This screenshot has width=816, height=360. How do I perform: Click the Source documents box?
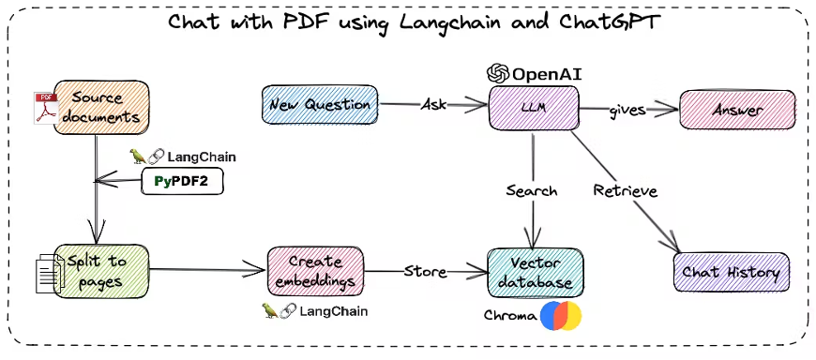point(101,107)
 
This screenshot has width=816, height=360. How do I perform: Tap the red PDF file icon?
point(46,108)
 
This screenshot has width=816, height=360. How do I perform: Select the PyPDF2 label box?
point(182,182)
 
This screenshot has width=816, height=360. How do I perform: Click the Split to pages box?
point(101,270)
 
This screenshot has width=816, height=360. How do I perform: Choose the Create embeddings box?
point(315,271)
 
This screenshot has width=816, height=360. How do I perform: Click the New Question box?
point(320,105)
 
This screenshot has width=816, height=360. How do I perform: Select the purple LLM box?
point(534,108)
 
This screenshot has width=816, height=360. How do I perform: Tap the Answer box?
point(737,110)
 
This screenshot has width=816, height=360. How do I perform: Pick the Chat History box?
point(732,272)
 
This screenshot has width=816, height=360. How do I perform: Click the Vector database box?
point(535,273)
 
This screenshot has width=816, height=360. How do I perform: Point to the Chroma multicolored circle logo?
point(561,316)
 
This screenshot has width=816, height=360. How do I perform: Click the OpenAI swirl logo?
point(498,74)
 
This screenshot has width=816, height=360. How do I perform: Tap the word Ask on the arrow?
point(433,105)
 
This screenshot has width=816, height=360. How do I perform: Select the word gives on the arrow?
point(628,111)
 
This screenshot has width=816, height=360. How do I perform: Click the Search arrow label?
point(532,191)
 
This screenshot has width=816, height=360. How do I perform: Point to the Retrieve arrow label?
point(626,191)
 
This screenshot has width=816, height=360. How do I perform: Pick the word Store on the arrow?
point(425,271)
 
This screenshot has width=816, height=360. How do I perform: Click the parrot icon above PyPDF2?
point(137,156)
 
